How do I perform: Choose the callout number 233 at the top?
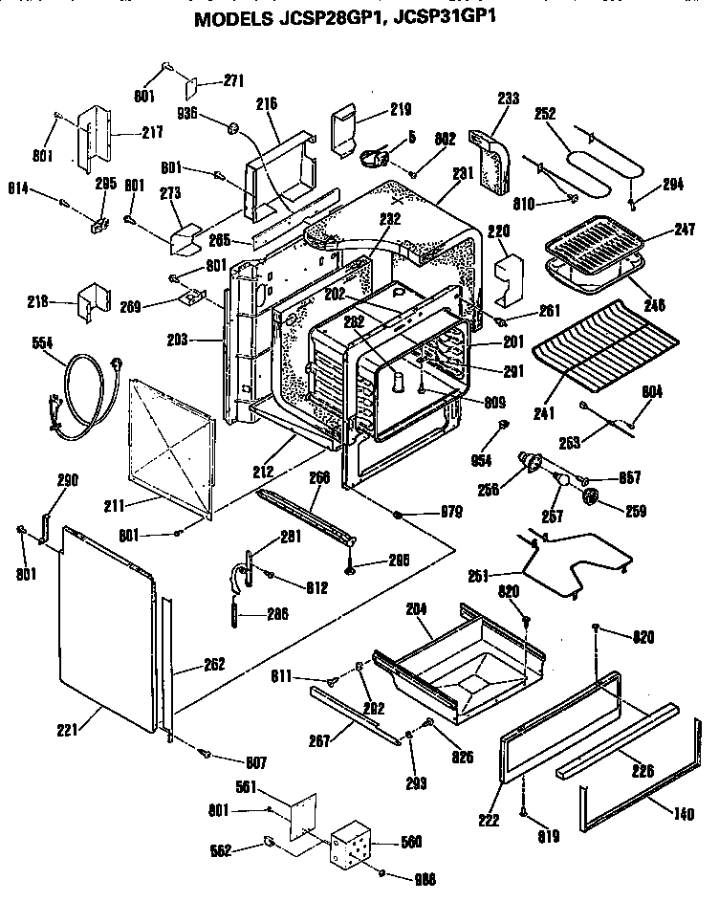tap(509, 97)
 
